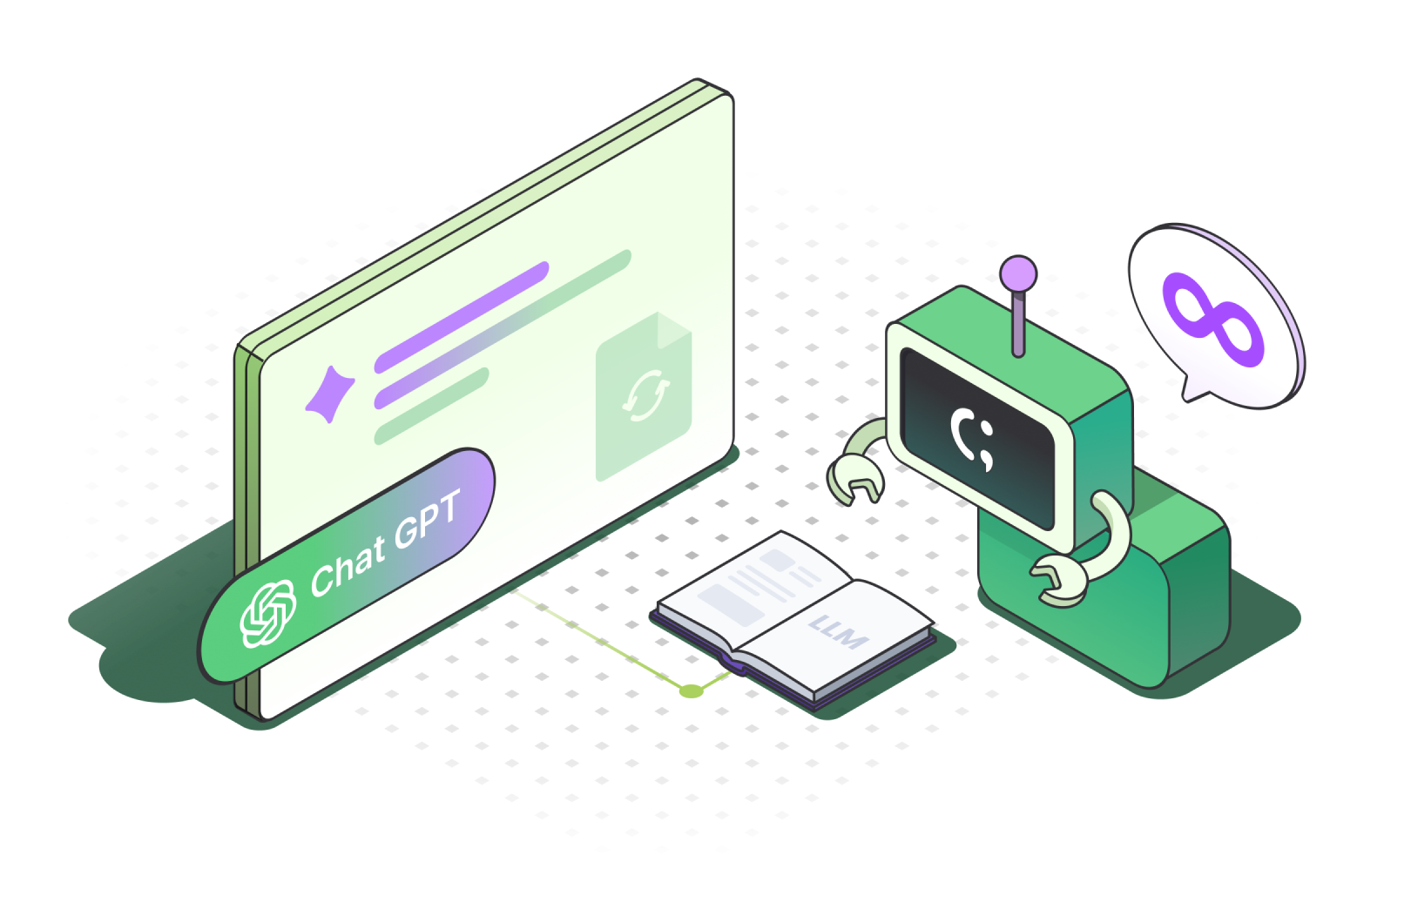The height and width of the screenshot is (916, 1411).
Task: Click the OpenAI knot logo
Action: pos(267,614)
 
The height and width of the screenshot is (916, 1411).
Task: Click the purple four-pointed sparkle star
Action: pos(329,393)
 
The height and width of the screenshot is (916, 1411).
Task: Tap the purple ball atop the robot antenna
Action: pos(1018,273)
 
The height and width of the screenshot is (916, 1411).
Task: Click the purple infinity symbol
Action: pos(1215,320)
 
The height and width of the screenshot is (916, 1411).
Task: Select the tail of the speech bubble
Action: pos(1193,390)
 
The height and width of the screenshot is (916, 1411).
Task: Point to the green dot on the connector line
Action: pos(691,691)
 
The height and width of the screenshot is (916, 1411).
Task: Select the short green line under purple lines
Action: pos(430,406)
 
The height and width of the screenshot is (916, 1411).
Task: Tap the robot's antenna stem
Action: pos(1018,322)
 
